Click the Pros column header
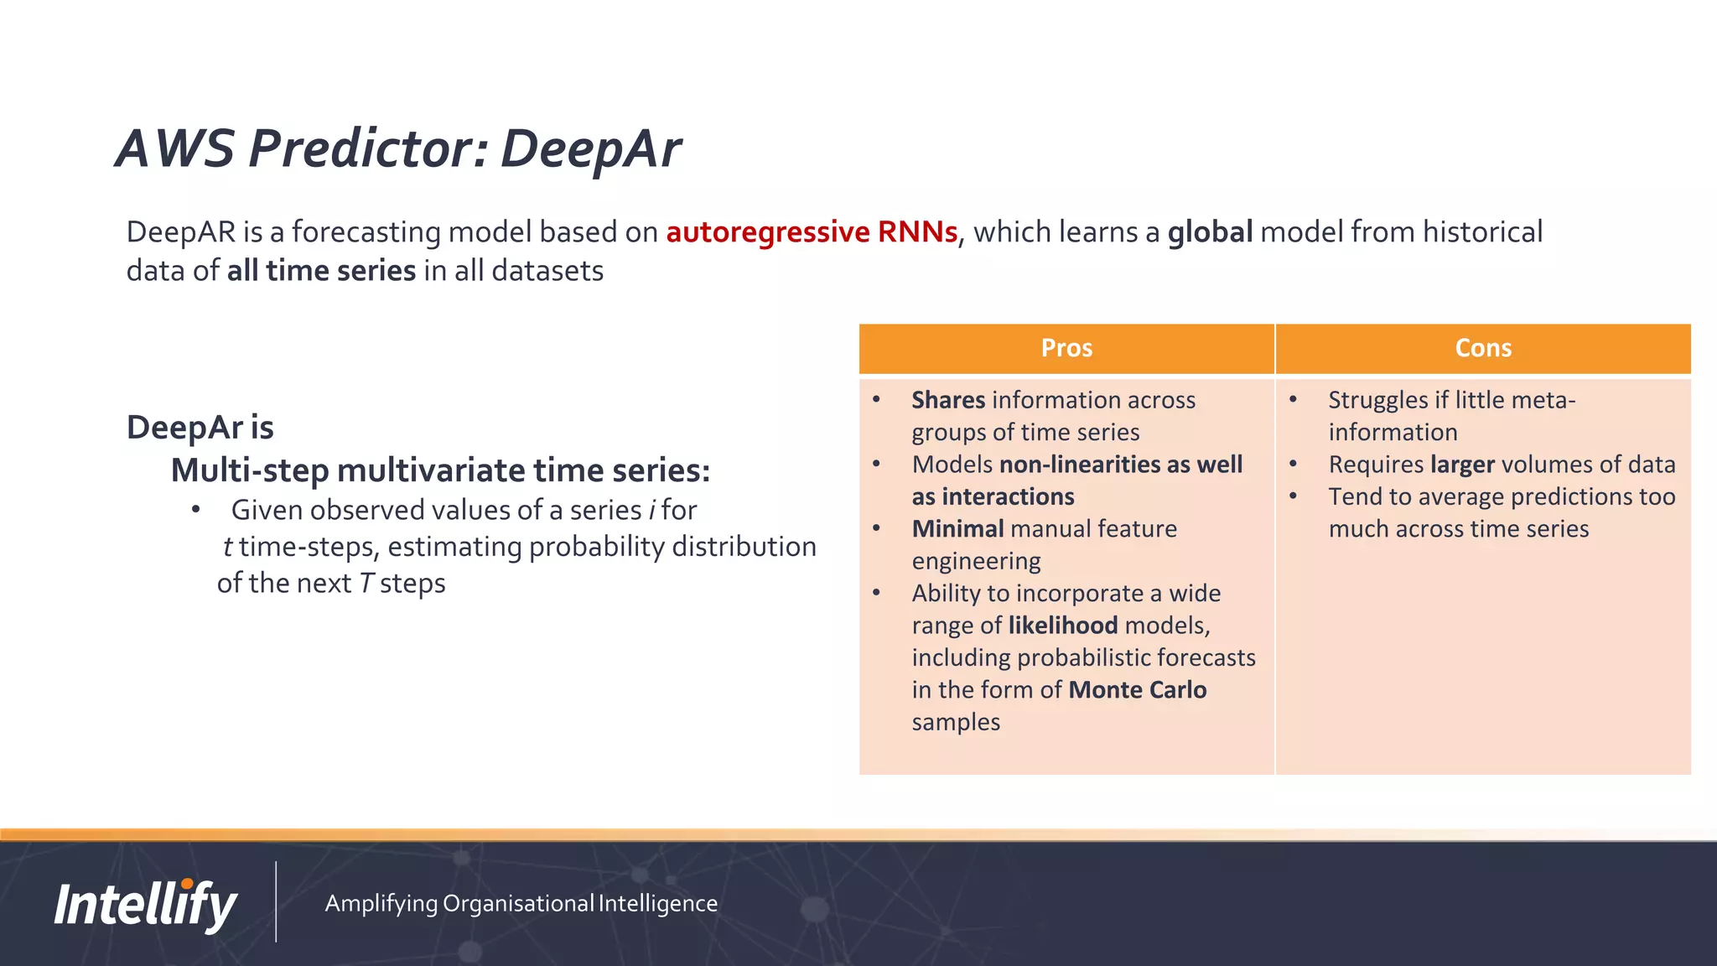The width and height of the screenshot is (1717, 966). click(x=1066, y=348)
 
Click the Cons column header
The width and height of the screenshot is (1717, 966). click(x=1482, y=348)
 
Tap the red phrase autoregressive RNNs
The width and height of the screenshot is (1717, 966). click(x=812, y=232)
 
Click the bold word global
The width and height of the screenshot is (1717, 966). click(x=1210, y=232)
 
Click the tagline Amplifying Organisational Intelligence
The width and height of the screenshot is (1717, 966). click(x=521, y=903)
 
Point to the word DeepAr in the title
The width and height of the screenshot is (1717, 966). click(x=590, y=149)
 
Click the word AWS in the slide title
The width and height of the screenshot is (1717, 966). click(x=175, y=149)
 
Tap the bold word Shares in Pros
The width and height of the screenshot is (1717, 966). click(x=948, y=400)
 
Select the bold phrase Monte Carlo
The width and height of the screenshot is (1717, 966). click(x=1138, y=689)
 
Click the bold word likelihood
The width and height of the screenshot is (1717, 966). click(x=1062, y=626)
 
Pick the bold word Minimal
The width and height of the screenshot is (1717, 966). click(x=957, y=529)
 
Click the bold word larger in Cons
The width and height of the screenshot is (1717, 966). click(x=1462, y=465)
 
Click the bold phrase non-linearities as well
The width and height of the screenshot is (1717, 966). click(x=1121, y=465)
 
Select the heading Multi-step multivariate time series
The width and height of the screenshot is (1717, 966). click(x=440, y=470)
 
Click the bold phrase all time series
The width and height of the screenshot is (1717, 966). click(x=321, y=271)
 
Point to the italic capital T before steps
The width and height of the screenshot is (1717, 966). click(x=366, y=584)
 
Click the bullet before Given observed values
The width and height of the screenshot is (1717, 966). click(x=195, y=510)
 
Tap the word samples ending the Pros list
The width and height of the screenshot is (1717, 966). click(x=956, y=722)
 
